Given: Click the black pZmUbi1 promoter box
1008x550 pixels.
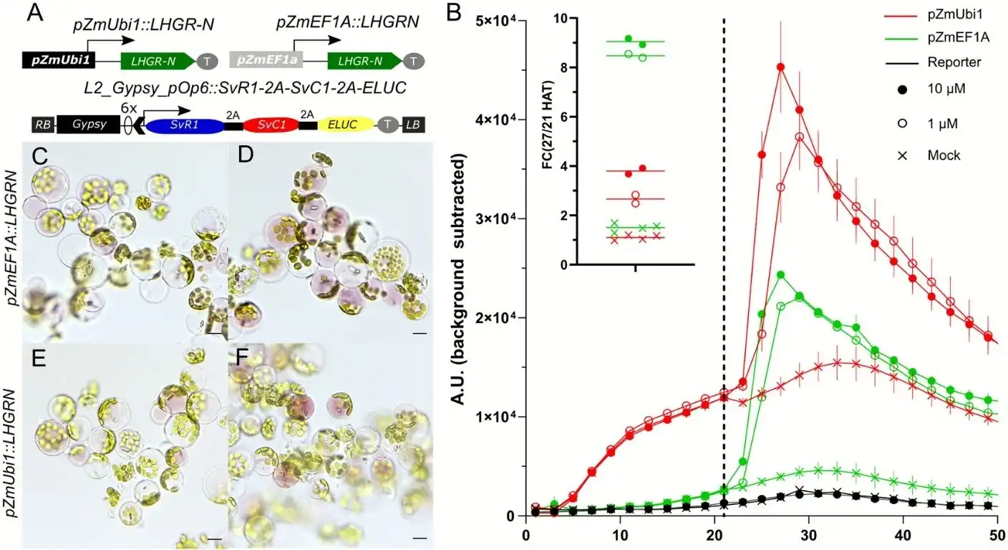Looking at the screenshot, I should pos(53,62).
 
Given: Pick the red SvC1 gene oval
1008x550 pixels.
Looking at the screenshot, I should pos(271,125).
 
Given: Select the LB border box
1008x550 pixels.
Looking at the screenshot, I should pos(413,125).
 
